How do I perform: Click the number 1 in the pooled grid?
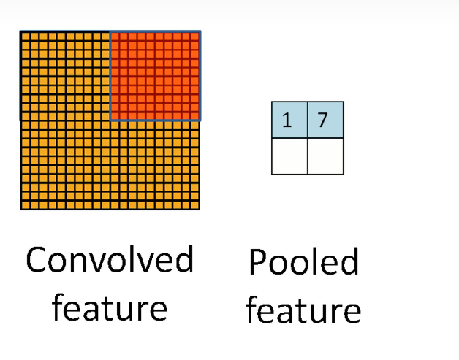[x=287, y=120]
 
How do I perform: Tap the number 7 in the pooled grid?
[x=323, y=120]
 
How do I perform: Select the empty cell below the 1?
[x=289, y=156]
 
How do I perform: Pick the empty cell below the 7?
[x=325, y=156]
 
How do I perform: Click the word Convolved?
[x=110, y=260]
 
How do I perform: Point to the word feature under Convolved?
[x=110, y=307]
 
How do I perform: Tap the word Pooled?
[x=303, y=262]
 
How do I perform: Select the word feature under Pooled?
[x=303, y=309]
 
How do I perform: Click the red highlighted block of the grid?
[x=155, y=76]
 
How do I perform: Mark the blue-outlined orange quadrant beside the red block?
[x=65, y=76]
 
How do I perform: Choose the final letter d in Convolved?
[x=184, y=260]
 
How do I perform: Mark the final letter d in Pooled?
[x=349, y=262]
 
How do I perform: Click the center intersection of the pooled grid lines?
[x=308, y=138]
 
